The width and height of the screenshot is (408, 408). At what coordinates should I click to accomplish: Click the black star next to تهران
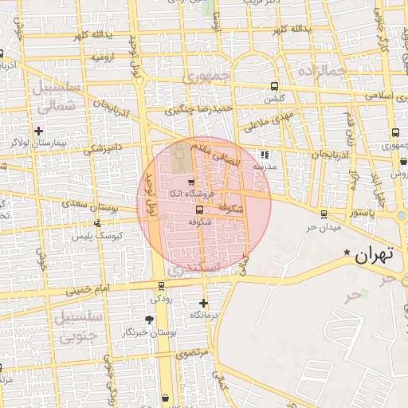tap(347, 253)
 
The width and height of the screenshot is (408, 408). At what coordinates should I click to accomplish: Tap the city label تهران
tap(375, 257)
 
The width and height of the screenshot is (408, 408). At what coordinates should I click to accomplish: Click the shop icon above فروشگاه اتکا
tap(190, 182)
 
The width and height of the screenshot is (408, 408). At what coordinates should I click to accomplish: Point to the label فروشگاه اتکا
tap(190, 194)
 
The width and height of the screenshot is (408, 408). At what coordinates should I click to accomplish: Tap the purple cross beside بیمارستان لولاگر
tap(38, 130)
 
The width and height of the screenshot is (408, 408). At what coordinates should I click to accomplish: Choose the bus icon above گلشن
tap(274, 87)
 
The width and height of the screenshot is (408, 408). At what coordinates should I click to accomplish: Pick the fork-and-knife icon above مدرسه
tap(265, 155)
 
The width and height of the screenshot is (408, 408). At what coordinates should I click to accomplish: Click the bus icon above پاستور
tap(324, 214)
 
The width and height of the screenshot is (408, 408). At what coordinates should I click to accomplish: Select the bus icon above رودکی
tap(162, 286)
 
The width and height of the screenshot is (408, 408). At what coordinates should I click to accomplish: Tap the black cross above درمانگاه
tap(204, 303)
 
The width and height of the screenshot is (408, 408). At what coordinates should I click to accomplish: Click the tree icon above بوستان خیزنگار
tap(150, 320)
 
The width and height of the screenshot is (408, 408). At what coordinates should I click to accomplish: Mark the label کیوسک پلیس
tap(95, 236)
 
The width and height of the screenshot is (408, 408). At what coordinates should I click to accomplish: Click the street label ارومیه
tap(104, 57)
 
